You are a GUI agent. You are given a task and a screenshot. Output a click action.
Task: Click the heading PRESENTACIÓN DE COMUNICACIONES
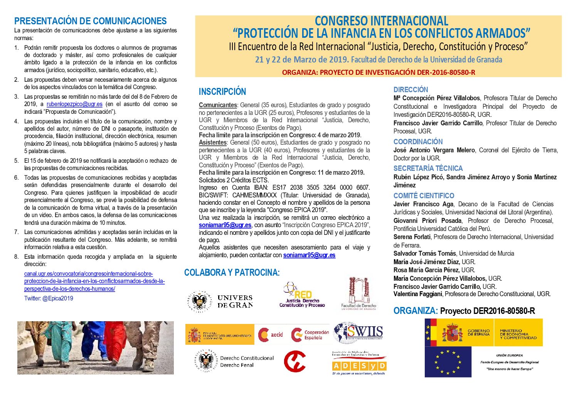point(90,21)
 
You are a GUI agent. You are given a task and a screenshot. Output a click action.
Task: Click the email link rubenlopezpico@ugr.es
point(74,104)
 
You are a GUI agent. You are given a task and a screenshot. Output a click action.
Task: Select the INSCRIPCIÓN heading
point(222,92)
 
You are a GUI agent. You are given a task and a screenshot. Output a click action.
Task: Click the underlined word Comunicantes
point(218,105)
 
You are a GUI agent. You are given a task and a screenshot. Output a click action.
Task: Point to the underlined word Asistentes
point(212,143)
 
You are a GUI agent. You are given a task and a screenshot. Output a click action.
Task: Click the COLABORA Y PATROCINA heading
point(232,273)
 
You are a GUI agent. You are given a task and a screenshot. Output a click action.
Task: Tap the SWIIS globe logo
point(358,333)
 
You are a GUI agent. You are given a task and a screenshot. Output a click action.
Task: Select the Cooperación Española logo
point(310,334)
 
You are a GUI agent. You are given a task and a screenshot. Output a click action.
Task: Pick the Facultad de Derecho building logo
point(358,293)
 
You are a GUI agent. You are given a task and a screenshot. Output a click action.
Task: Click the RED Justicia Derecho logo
point(302,295)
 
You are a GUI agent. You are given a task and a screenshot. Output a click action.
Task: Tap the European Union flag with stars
point(448,362)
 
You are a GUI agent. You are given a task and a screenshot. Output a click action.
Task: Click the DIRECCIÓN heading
point(410,89)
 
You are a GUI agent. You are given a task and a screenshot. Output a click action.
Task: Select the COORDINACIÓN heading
point(418,142)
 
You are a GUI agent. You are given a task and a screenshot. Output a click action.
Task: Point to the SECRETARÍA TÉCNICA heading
point(428,168)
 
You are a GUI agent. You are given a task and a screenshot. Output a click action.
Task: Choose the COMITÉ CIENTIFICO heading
point(424,196)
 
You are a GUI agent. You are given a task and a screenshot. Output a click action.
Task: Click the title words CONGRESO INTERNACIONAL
point(381,21)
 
